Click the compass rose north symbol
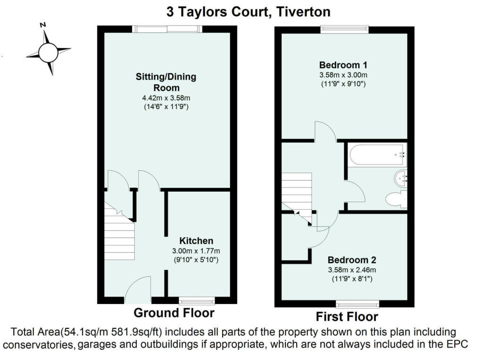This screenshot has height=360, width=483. tap(48, 52)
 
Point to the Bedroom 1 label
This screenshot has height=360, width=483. tap(343, 65)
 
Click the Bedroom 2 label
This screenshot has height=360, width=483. tap(352, 260)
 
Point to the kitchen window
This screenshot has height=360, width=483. tap(197, 300)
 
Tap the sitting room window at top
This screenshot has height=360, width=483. tap(167, 29)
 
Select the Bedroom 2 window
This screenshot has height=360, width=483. tap(357, 303)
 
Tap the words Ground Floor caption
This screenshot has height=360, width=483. tap(174, 313)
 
